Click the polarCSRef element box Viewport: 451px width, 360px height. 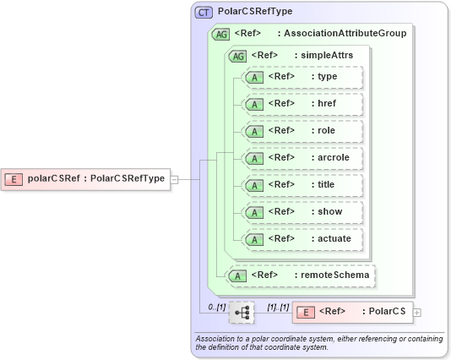tap(86, 178)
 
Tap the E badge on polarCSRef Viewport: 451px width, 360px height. tap(14, 178)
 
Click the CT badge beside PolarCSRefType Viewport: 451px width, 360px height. tap(204, 13)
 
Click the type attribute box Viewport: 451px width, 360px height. tap(302, 78)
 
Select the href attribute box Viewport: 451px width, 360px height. tap(302, 105)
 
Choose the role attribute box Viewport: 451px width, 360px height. tap(302, 131)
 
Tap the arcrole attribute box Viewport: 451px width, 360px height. tap(302, 158)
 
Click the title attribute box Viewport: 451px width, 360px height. tap(302, 185)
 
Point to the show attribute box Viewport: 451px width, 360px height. tap(302, 212)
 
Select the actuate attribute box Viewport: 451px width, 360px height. tap(302, 239)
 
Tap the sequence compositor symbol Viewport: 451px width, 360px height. tap(242, 312)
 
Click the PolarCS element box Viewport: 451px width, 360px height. tap(350, 312)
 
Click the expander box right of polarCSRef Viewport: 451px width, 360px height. tap(173, 179)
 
